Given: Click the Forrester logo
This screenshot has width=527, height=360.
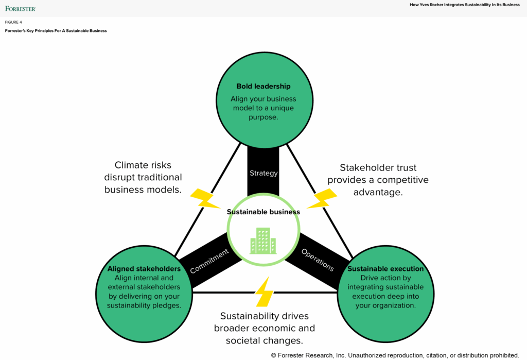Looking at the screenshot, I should coord(21,8).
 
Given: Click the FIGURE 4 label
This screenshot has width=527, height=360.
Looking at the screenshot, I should coord(13,22).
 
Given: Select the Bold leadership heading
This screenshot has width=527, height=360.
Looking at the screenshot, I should coord(263,86).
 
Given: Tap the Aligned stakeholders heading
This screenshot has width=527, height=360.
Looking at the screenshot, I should coord(144,269).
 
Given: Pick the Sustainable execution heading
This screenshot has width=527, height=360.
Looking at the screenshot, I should coord(385,269).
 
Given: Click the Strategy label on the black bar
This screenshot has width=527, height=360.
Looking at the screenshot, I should coord(263,173).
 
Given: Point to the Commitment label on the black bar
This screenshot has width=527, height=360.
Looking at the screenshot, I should coord(209,261).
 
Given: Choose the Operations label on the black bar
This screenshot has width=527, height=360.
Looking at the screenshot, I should coord(318,260).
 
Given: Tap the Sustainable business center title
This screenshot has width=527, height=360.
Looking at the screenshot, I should coord(263,212).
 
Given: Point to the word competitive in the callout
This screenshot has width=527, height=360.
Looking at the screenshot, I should coord(402,180).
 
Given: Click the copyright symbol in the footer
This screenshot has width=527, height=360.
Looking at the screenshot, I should coord(274,355).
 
